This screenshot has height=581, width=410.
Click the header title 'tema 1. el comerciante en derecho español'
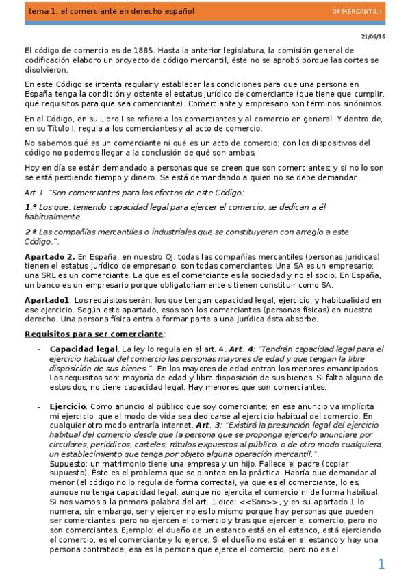coord(101,12)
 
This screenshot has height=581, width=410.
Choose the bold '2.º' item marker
coord(30,232)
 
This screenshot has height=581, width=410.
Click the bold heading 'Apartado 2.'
coord(49,256)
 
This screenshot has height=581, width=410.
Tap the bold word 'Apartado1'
coord(47,300)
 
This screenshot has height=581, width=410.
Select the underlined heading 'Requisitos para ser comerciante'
coord(94,334)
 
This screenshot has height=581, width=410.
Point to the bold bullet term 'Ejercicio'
coord(68,407)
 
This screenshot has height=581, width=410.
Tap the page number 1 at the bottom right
coord(381,564)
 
